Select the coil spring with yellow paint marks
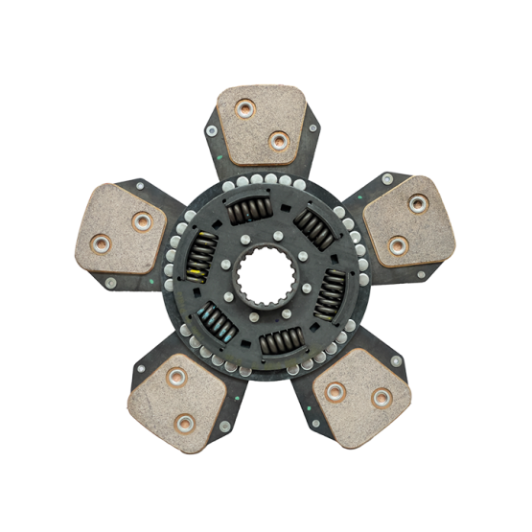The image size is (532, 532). pos(202,257)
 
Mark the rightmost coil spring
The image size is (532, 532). pos(333,288)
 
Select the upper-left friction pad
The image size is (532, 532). pos(123,227)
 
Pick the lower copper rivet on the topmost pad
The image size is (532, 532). pos(279,141)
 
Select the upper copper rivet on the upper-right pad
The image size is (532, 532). pos(418,203)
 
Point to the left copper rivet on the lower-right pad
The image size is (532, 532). pos(335,392)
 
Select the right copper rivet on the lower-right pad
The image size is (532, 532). pos(381,397)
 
